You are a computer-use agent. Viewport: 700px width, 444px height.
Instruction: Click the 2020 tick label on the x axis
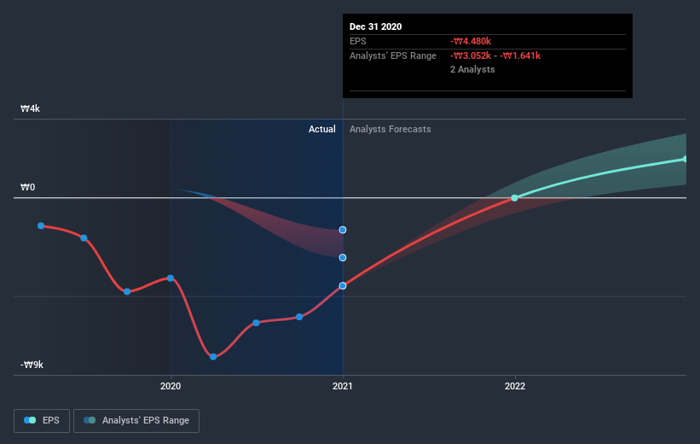tap(171, 386)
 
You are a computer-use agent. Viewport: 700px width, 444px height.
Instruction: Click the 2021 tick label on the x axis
tap(343, 386)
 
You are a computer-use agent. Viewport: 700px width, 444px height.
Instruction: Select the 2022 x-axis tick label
tap(514, 386)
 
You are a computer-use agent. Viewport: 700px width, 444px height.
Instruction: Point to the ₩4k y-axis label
tap(31, 109)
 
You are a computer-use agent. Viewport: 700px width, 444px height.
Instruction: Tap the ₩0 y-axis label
tap(28, 188)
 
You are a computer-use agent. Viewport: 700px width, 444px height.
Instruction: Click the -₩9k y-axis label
tap(32, 365)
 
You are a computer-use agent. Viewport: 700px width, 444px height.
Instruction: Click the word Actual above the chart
tap(322, 129)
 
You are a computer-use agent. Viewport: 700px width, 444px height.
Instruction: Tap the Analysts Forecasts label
tap(390, 129)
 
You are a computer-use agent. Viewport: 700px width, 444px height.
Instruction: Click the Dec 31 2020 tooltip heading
tap(375, 26)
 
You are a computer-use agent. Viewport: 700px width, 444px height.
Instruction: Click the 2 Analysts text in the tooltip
tap(472, 69)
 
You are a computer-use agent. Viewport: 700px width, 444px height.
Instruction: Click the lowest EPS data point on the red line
tap(213, 356)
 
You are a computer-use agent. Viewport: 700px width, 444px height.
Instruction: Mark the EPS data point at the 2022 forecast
tap(514, 198)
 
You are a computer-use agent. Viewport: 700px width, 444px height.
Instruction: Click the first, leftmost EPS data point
tap(41, 225)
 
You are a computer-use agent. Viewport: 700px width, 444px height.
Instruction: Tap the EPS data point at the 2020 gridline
tap(171, 278)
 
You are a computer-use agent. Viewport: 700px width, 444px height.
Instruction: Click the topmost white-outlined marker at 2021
tap(343, 230)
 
